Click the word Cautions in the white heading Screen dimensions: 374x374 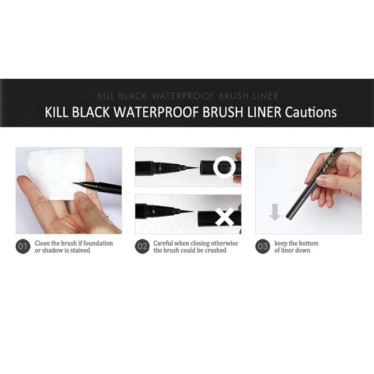pos(311,112)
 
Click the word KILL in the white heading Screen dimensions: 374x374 pos(57,112)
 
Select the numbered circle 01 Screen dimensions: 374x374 pos(23,247)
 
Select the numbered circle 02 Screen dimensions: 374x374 pos(142,247)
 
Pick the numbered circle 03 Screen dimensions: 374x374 pos(263,247)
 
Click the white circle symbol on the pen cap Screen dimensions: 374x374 pos(225,167)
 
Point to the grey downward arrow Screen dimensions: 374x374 pos(275,212)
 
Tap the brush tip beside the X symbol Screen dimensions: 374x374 pos(187,211)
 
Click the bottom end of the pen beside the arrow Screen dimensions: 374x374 pos(288,217)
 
